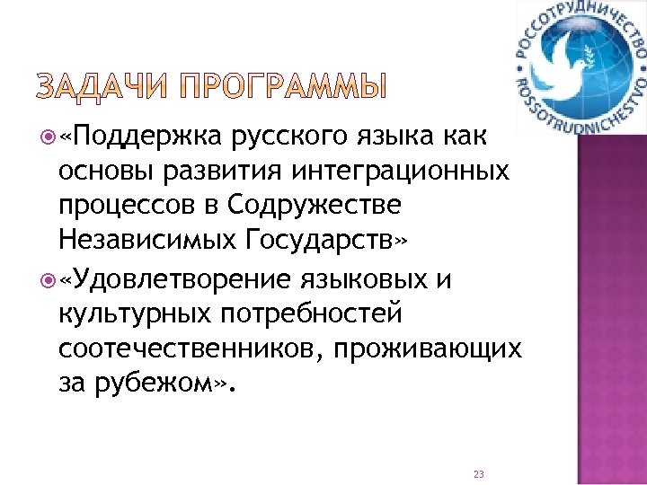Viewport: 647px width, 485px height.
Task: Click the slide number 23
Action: pyautogui.click(x=478, y=474)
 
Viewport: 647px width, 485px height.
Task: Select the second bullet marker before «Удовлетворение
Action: pyautogui.click(x=46, y=281)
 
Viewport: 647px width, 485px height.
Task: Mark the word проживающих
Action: pyautogui.click(x=444, y=349)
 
